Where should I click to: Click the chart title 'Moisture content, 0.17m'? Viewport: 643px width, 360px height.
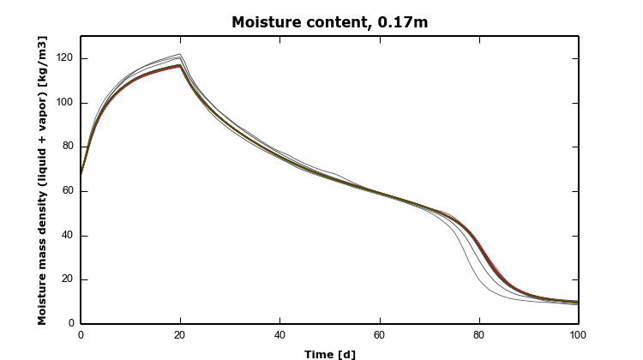329,22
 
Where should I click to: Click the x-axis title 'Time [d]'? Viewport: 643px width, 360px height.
329,353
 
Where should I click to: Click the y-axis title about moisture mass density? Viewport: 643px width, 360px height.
42,180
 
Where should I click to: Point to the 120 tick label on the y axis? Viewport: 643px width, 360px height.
63,58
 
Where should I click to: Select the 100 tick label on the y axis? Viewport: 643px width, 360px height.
63,103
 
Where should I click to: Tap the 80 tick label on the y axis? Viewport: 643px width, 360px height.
66,147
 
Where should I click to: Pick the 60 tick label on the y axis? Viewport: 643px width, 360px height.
66,191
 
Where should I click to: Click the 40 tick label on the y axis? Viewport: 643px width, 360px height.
66,236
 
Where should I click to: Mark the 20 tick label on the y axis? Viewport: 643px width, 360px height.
66,279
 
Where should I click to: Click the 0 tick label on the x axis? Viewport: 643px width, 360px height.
81,335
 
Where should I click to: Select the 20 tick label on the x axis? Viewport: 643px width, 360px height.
180,335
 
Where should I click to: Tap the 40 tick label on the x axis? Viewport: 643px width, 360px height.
279,335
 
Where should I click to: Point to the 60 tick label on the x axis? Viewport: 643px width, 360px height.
379,335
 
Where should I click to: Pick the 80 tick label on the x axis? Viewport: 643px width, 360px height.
478,335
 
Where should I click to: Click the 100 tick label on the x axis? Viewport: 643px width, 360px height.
578,335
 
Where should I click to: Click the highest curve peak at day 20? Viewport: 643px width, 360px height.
180,54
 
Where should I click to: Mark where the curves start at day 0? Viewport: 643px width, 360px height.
81,174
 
